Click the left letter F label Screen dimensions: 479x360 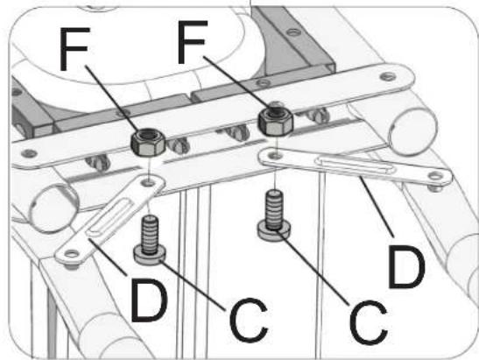[74, 48]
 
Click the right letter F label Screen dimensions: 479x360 [192, 42]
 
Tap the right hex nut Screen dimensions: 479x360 [276, 122]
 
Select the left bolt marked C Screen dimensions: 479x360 [150, 241]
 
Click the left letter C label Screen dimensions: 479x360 [249, 320]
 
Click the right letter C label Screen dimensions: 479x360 [368, 322]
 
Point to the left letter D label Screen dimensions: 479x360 [149, 300]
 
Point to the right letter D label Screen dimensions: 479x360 [406, 266]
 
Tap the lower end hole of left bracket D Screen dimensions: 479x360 [71, 254]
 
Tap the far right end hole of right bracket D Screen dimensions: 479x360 [435, 176]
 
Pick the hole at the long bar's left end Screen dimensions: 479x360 [29, 152]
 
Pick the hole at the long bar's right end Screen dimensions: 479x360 [387, 76]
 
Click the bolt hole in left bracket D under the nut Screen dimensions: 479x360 [149, 183]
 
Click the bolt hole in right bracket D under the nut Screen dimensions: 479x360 [276, 156]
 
